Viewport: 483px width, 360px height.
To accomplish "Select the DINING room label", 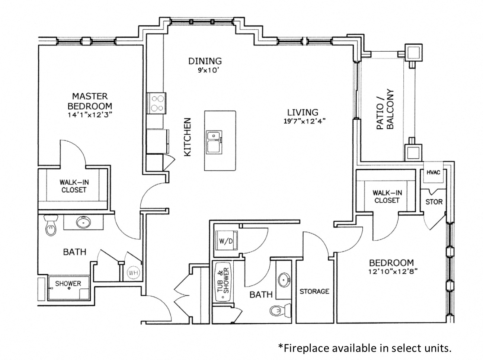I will click(x=205, y=61).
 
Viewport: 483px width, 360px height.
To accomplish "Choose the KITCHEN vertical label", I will click(x=188, y=137).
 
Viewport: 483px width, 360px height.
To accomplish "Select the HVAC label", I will click(x=433, y=173).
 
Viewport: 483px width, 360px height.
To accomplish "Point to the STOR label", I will click(x=434, y=202).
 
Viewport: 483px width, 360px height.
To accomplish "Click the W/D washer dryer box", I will click(x=226, y=241).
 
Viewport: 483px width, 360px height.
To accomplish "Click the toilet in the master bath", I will click(x=49, y=226).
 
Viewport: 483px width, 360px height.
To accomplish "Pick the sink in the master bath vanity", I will click(x=82, y=222).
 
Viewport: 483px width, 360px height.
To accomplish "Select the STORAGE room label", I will click(x=314, y=291).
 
